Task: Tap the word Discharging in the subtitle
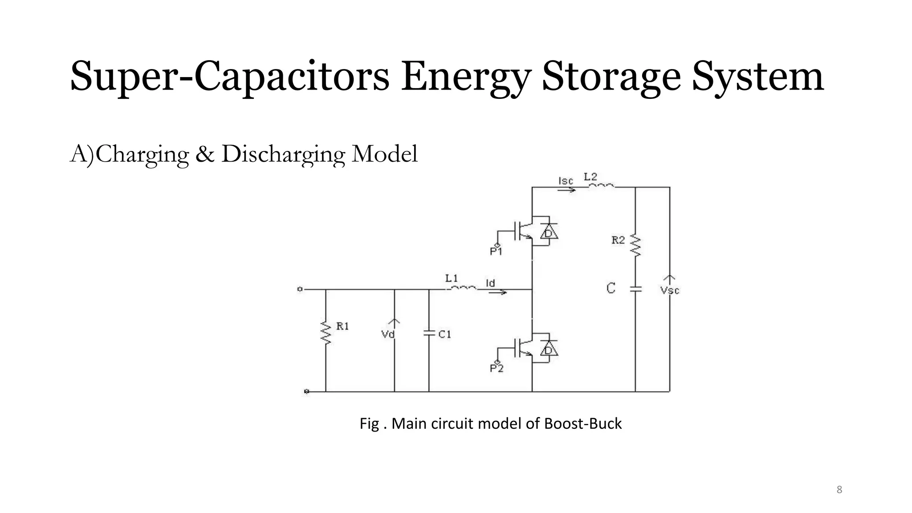(283, 155)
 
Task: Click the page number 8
(839, 490)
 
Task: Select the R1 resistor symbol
(326, 334)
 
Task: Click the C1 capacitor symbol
(429, 333)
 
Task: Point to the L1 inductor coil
(463, 288)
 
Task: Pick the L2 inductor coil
(602, 186)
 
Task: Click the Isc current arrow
(566, 190)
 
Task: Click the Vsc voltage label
(669, 290)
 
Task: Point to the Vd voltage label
(388, 334)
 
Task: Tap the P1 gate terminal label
(496, 252)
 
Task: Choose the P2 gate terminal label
(497, 368)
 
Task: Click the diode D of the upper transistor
(549, 232)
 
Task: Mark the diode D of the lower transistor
(549, 350)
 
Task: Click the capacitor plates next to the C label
(635, 289)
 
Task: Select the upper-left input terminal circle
(300, 289)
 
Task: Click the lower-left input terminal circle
(306, 391)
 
